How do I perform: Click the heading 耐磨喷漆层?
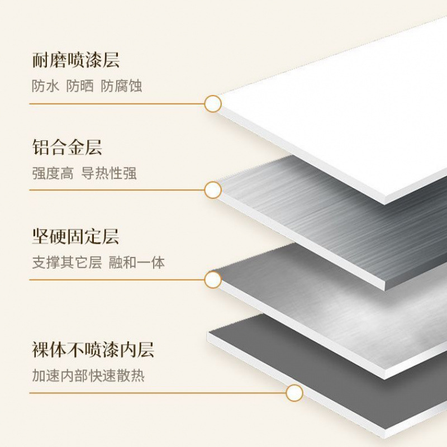[x=76, y=60]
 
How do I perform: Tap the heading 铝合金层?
[x=67, y=148]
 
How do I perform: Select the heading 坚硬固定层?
[x=76, y=236]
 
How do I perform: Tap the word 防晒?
[x=79, y=86]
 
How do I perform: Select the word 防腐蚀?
[x=121, y=86]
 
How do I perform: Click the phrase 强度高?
[x=52, y=173]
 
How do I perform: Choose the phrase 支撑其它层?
[x=66, y=262]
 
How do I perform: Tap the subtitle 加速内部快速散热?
[x=88, y=375]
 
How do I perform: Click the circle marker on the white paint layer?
[x=213, y=103]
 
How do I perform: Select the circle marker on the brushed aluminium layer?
[x=213, y=190]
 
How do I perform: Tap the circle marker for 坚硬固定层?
[x=213, y=279]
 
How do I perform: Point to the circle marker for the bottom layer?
[x=294, y=393]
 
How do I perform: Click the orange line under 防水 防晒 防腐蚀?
[x=117, y=103]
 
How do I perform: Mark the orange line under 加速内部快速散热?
[x=156, y=393]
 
